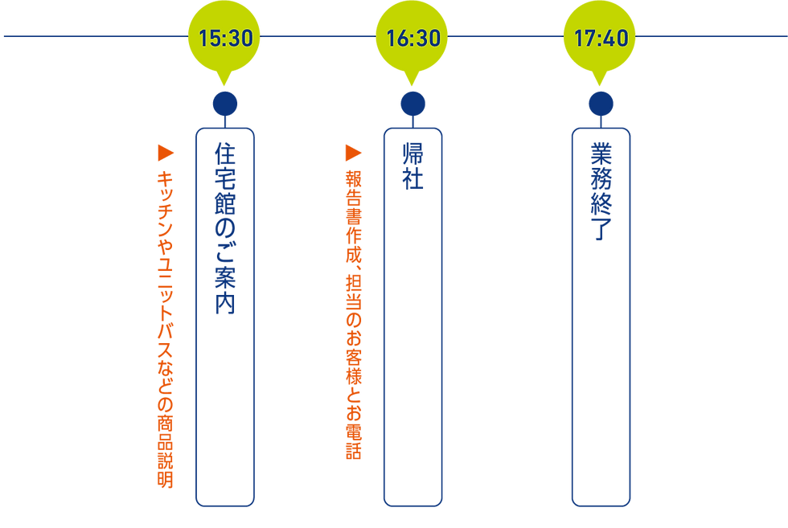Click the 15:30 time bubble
(x=225, y=37)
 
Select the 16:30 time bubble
(x=412, y=37)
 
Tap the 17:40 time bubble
(x=601, y=37)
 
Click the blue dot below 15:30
(x=225, y=104)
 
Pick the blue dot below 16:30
(x=412, y=104)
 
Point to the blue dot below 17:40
(x=601, y=104)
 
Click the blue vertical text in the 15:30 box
(x=225, y=229)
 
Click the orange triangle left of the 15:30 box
(x=161, y=150)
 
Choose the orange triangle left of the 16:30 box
(x=349, y=150)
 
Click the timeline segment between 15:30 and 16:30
(x=318, y=37)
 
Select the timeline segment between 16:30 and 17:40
(x=507, y=37)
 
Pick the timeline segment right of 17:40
(x=712, y=37)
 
